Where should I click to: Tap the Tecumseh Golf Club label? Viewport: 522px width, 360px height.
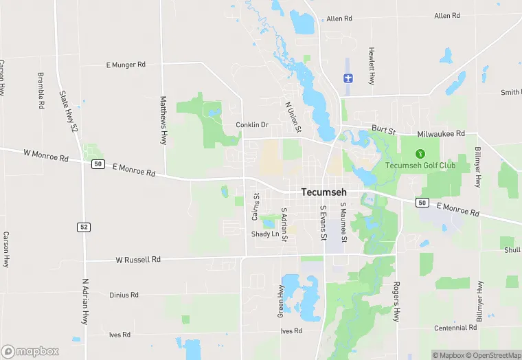coord(420,166)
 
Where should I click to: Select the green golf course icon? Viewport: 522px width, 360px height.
coord(421,153)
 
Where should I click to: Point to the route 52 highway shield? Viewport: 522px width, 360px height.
coord(83,227)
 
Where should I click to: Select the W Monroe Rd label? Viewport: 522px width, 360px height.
coord(46,157)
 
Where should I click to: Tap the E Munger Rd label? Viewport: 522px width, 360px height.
coord(126,65)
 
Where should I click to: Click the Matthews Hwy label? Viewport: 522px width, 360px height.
coord(163,120)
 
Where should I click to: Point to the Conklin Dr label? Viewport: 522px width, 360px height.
coord(251,125)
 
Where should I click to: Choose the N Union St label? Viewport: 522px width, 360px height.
coord(293,117)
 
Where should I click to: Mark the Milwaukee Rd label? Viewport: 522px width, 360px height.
coord(441,133)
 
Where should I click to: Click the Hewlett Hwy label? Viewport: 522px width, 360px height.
coord(372,65)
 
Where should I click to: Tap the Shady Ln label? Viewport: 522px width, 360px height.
coord(265,234)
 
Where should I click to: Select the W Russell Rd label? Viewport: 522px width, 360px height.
coord(137,260)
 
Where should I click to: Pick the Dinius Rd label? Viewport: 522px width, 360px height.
coord(124,295)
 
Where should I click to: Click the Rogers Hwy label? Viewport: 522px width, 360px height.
coord(396,301)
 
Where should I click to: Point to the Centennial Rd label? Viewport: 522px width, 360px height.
coord(455,328)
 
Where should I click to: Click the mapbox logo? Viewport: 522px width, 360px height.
coord(30,351)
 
